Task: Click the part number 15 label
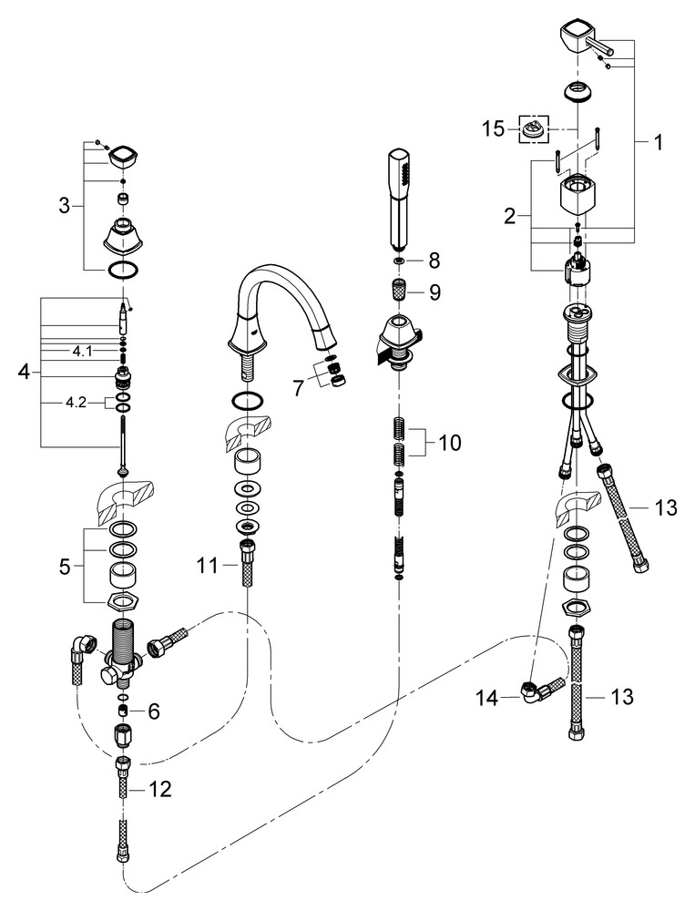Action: click(x=493, y=129)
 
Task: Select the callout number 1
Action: click(x=658, y=142)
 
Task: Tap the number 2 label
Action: click(x=510, y=216)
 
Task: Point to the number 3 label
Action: click(x=64, y=206)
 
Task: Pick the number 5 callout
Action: click(x=63, y=566)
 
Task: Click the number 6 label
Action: click(x=153, y=711)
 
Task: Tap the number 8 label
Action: click(x=434, y=260)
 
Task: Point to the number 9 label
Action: click(x=434, y=293)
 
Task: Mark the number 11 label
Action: click(x=206, y=566)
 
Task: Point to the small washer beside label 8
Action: click(x=397, y=261)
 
